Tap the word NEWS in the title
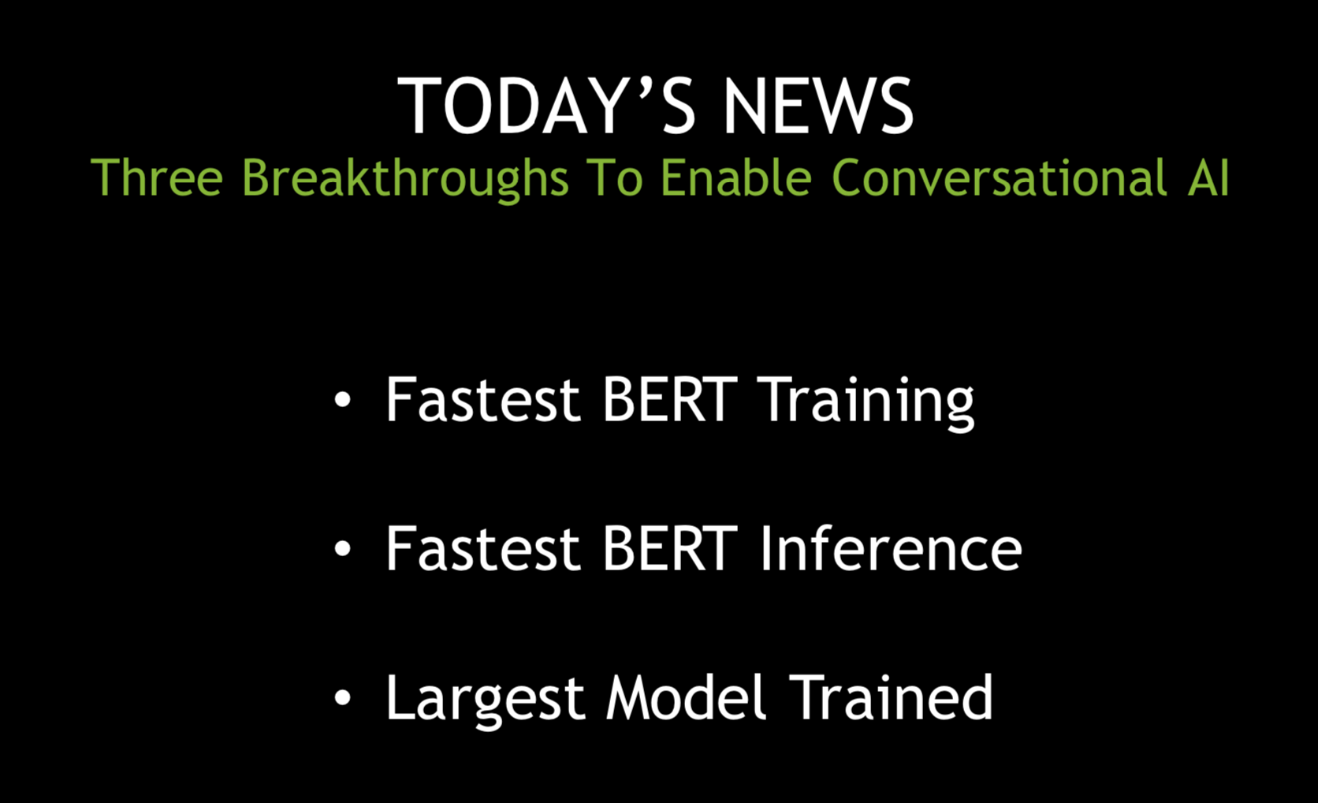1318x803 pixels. click(818, 106)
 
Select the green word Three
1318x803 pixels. click(157, 177)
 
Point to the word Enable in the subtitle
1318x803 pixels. click(736, 177)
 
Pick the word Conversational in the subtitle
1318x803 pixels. click(1000, 177)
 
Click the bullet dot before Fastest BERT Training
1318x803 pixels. click(342, 400)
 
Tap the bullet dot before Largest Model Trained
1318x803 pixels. click(342, 697)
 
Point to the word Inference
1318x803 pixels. click(891, 548)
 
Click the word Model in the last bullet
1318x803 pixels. click(686, 697)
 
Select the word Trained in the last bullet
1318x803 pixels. click(891, 697)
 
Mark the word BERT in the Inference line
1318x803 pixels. click(670, 548)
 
